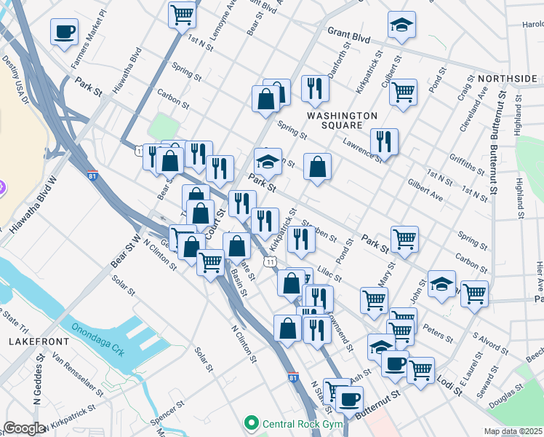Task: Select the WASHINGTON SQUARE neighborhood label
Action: [342, 121]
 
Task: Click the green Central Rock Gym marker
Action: [252, 422]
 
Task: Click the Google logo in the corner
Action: [24, 428]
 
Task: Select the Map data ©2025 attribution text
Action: [513, 431]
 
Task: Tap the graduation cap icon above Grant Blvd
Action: [401, 25]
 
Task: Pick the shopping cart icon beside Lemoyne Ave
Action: [182, 14]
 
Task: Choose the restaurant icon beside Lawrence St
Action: [383, 141]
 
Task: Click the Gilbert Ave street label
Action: [425, 191]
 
